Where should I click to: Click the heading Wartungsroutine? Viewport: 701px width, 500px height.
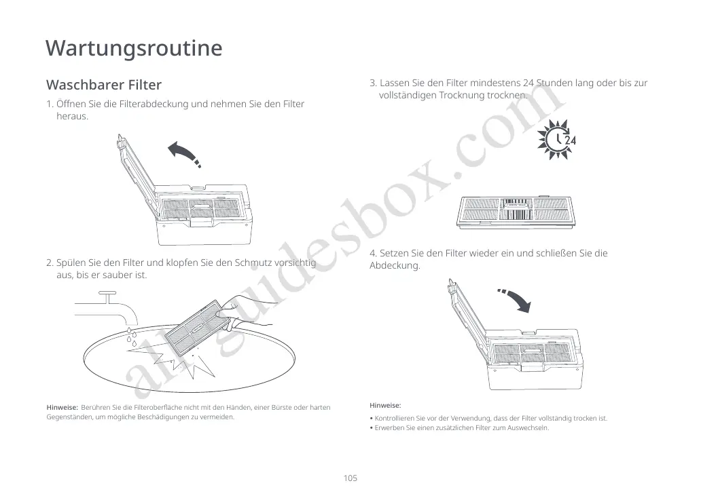[134, 48]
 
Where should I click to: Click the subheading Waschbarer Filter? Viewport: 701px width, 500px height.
[103, 85]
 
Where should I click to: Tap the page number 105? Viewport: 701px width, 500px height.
[350, 478]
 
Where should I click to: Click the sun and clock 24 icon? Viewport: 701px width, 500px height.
[557, 140]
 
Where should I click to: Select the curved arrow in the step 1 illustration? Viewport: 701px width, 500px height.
[184, 153]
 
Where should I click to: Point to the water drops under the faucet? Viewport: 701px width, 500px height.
[131, 336]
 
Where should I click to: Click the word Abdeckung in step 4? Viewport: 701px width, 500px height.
[395, 266]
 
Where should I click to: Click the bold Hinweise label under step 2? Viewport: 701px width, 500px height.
[61, 407]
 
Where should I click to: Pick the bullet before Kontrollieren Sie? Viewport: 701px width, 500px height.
[371, 419]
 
